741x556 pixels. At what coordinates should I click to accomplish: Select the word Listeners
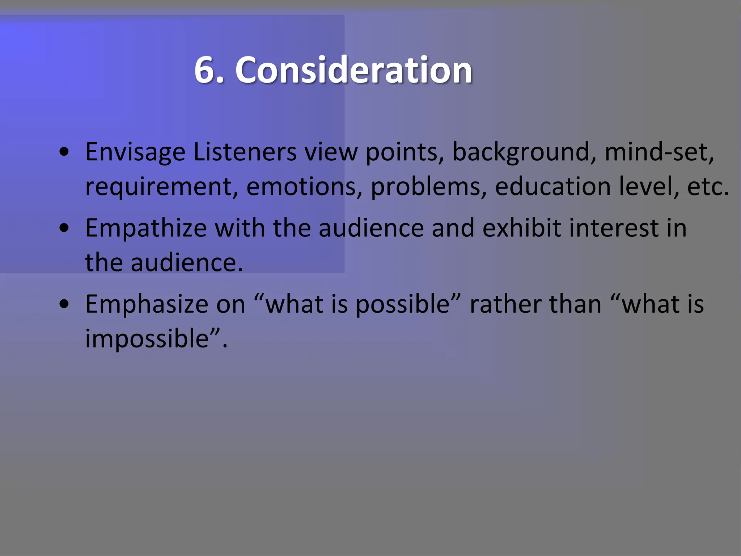[x=245, y=152]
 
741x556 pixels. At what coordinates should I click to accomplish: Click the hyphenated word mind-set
[x=659, y=152]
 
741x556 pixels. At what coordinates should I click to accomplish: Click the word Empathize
[x=146, y=228]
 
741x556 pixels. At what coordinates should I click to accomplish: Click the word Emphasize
[x=147, y=304]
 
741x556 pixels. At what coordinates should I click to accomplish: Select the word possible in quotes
[x=402, y=304]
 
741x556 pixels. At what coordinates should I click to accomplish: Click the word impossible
[x=147, y=339]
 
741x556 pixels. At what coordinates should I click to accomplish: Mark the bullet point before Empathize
[x=64, y=229]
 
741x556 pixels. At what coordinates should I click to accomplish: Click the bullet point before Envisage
[x=64, y=152]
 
